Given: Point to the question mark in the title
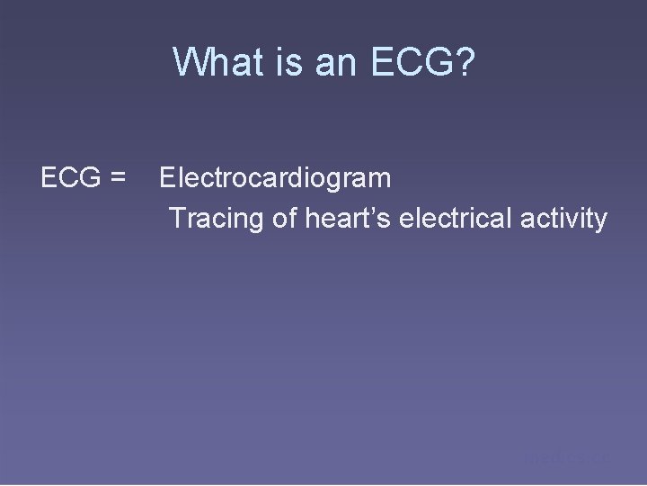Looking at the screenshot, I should point(461,62).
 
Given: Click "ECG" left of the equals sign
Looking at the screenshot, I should point(69,178).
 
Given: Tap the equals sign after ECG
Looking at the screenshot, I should point(116,178).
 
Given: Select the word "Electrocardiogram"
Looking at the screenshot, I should point(275,178).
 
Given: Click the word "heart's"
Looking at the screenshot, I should point(347,218).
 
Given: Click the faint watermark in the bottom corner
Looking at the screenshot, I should point(566,458).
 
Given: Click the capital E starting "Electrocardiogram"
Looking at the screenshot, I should point(167,178).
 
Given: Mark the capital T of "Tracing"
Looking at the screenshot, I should point(177,218).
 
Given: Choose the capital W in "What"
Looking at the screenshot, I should point(189,62).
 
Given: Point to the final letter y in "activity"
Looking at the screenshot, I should point(600,220).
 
